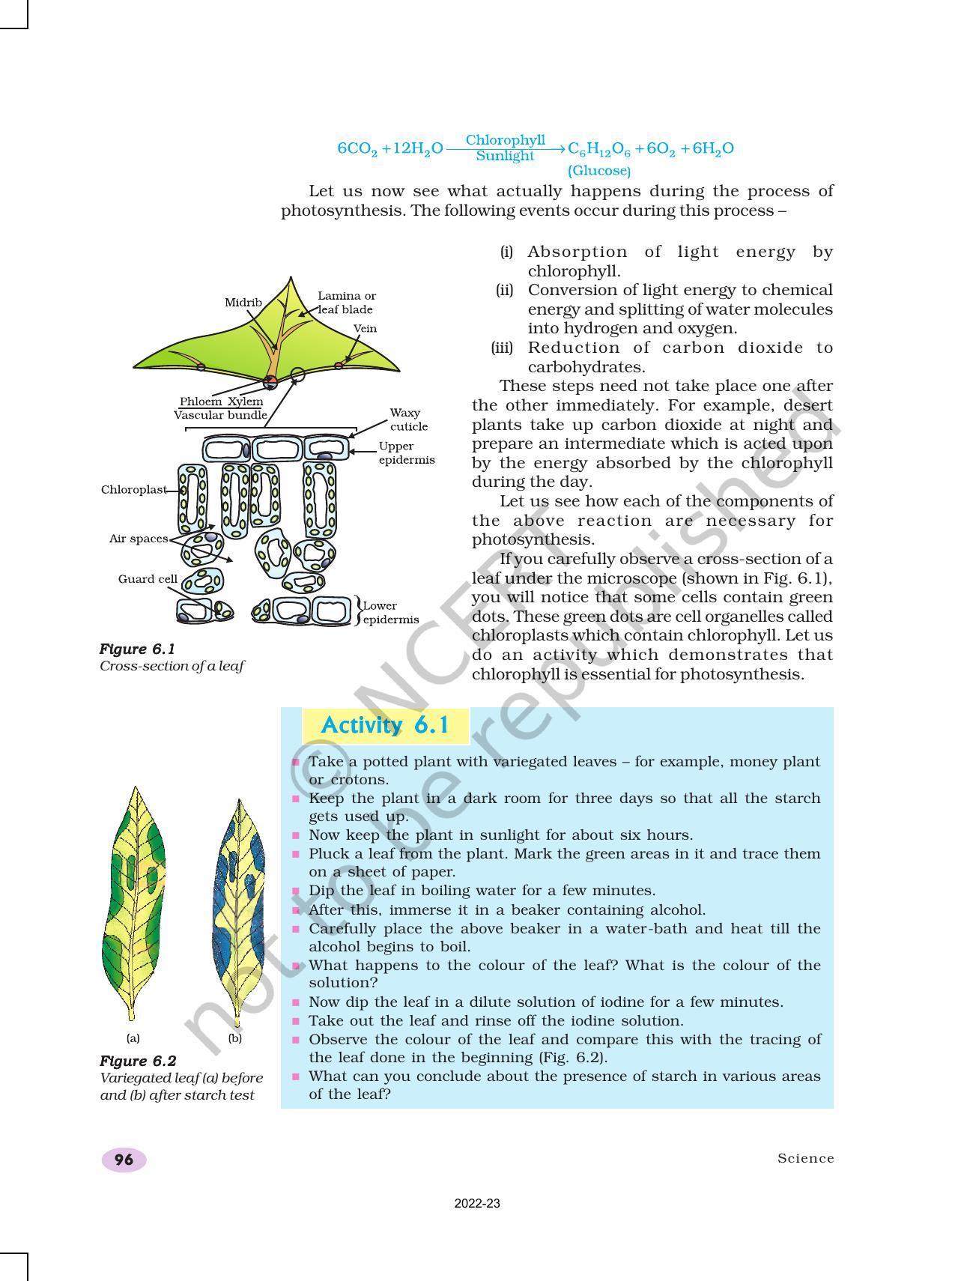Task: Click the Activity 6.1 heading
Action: pyautogui.click(x=385, y=725)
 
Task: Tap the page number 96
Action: pyautogui.click(x=124, y=1160)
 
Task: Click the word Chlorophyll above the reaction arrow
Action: pyautogui.click(x=505, y=140)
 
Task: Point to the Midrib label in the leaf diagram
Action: pyautogui.click(x=243, y=302)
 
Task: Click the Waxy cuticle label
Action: pyautogui.click(x=408, y=420)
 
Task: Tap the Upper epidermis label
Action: pyautogui.click(x=406, y=453)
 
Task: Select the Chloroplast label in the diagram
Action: pyautogui.click(x=133, y=489)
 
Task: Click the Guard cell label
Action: pyautogui.click(x=148, y=578)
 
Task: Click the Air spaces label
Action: pyautogui.click(x=139, y=538)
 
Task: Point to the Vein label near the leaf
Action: pyautogui.click(x=365, y=328)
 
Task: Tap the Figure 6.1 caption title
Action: pyautogui.click(x=137, y=649)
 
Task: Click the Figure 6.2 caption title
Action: pyautogui.click(x=138, y=1061)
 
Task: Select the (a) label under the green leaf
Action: pyautogui.click(x=133, y=1038)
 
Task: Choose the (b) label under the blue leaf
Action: pyautogui.click(x=235, y=1038)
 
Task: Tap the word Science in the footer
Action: pyautogui.click(x=805, y=1158)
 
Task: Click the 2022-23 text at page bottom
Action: pyautogui.click(x=477, y=1204)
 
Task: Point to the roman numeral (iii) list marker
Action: pyautogui.click(x=502, y=348)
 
